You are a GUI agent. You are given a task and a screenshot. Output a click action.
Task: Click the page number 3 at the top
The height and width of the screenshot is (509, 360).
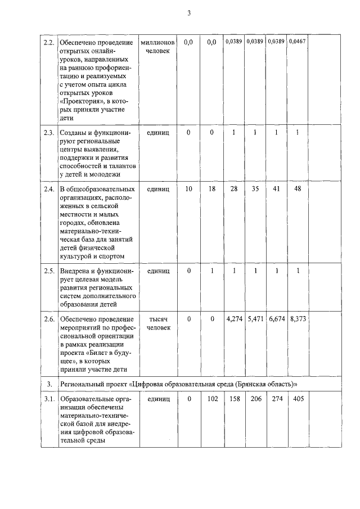(x=189, y=14)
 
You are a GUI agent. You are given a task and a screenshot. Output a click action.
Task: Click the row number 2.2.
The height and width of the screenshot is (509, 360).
(x=49, y=42)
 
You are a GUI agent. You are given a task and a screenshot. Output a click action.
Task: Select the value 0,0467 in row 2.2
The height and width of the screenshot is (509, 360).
(x=297, y=42)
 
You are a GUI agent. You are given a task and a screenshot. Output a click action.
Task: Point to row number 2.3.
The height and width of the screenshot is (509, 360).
(x=49, y=132)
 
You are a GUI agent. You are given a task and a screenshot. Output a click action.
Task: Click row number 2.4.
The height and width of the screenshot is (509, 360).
(x=49, y=190)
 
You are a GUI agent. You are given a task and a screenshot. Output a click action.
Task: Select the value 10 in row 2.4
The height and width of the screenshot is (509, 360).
(x=189, y=190)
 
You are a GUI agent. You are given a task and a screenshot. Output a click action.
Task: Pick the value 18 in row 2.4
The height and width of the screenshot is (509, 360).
(x=211, y=190)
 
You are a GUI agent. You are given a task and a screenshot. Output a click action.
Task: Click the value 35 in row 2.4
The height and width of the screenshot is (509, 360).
(x=255, y=190)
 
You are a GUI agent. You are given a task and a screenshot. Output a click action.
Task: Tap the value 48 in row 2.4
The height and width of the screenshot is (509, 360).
(x=298, y=190)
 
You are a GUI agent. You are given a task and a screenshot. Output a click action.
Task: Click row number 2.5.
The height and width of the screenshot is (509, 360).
(x=49, y=271)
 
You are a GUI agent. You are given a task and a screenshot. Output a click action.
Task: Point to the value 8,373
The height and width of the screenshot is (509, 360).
(x=298, y=319)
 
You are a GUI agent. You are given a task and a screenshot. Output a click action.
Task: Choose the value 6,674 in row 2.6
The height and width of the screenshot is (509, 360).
(x=276, y=319)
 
